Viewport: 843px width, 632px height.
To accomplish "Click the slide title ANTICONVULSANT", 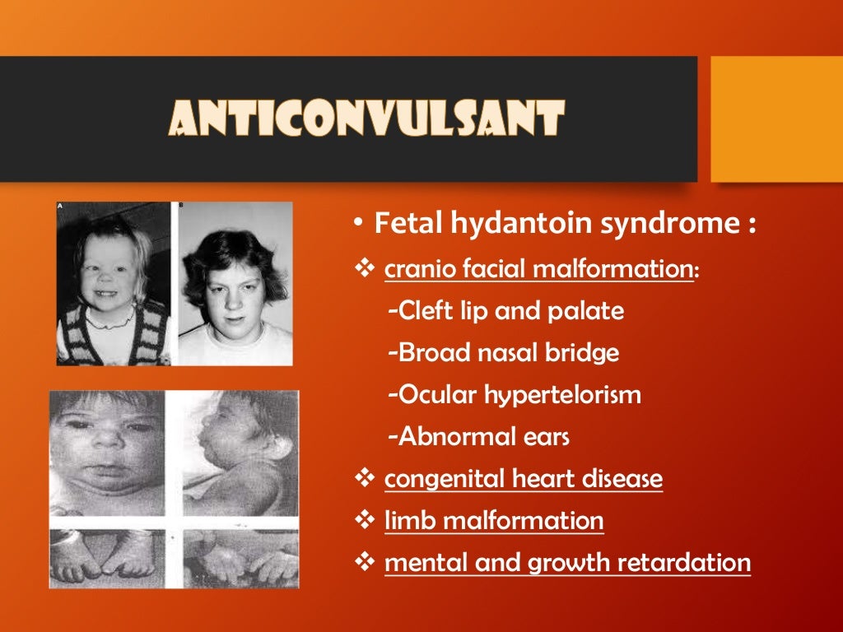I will pos(366,118).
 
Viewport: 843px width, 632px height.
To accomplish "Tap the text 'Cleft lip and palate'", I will pos(505,311).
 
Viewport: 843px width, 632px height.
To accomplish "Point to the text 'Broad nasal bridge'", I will pos(503,352).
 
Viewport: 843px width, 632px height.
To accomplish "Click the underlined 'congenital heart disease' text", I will pos(523,478).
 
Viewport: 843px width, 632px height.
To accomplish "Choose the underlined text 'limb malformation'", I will pos(493,520).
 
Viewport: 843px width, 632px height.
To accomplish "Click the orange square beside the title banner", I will pos(775,118).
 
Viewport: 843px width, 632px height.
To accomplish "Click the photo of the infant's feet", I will pos(107,558).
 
